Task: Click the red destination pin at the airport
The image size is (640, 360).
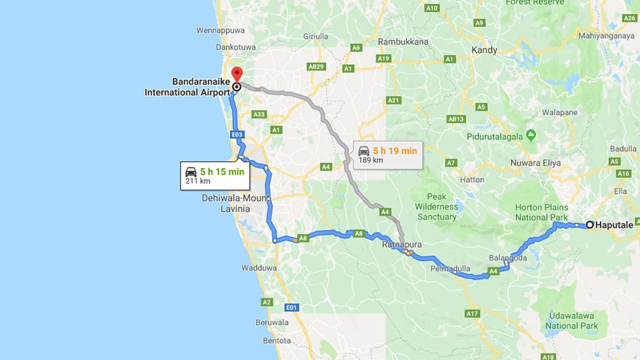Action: [236, 73]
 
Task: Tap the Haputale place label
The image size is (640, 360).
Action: [614, 225]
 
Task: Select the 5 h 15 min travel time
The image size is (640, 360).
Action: [222, 171]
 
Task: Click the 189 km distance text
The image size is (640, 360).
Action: [370, 160]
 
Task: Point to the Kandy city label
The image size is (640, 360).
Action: [484, 50]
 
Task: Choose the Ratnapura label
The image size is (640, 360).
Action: [402, 244]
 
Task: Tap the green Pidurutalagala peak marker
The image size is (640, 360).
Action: [531, 135]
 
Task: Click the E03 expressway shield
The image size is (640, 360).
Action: [237, 134]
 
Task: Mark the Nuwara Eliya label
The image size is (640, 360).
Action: [535, 163]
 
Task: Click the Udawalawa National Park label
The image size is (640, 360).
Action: [571, 320]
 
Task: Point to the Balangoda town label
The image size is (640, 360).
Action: [507, 257]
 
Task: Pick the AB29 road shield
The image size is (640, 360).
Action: [316, 66]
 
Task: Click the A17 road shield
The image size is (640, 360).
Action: [472, 313]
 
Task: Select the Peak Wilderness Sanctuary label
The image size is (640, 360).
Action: [436, 206]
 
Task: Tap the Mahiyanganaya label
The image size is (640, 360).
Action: [606, 36]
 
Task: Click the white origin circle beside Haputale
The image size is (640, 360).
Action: [590, 225]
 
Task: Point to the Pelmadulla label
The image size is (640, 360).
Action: [450, 268]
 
